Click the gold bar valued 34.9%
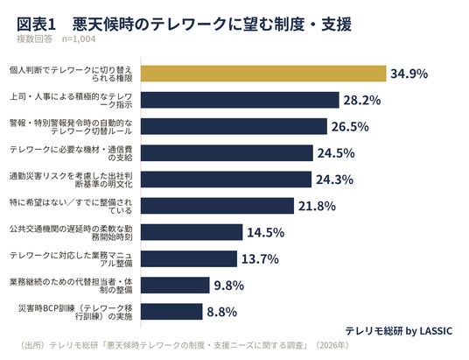[263, 74]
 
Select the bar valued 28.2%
[240, 100]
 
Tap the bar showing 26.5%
[234, 126]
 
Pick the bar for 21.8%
[218, 206]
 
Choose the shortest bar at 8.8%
[171, 312]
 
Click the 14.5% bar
[192, 232]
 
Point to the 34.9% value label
[409, 74]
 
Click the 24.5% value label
[336, 153]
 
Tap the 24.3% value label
[335, 180]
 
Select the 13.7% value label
[260, 258]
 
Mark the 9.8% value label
[229, 286]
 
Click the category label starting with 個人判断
[71, 74]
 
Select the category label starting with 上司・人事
[71, 101]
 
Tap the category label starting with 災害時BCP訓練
[75, 312]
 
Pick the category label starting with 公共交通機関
[71, 233]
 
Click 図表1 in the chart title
[36, 25]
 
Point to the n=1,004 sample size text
[79, 39]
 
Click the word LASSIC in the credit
[436, 331]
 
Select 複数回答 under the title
[34, 39]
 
